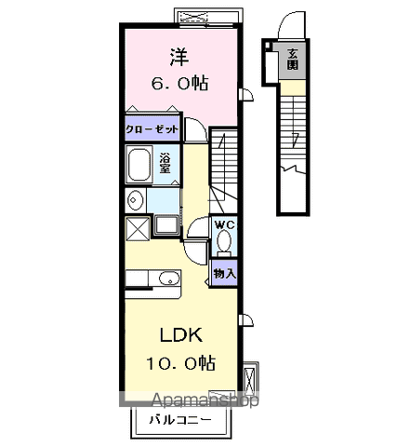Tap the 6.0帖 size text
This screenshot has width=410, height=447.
pyautogui.click(x=180, y=84)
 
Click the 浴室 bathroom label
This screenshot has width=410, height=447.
pyautogui.click(x=164, y=163)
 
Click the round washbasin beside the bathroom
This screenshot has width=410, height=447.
pyautogui.click(x=136, y=199)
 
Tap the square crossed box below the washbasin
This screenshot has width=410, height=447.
pyautogui.click(x=136, y=225)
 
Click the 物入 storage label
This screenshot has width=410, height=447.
pyautogui.click(x=224, y=273)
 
